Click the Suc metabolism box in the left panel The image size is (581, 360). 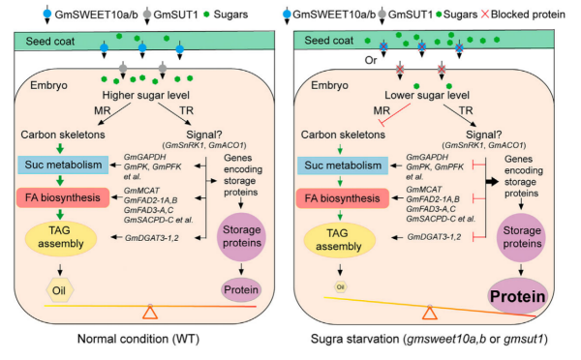63,165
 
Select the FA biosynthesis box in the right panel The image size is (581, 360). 343,198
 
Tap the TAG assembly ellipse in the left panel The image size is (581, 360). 61,237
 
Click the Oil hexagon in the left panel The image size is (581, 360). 60,290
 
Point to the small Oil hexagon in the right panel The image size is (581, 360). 341,286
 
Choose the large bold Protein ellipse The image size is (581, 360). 518,296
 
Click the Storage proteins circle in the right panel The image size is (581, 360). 522,237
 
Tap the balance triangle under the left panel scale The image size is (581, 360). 150,313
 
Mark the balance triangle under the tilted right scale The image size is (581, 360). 430,313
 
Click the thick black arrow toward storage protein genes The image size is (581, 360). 493,182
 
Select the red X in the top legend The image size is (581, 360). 485,15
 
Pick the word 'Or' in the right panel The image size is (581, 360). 371,60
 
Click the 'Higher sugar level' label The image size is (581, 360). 145,95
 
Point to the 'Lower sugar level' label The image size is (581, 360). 427,95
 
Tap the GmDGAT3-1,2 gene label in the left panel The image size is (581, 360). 152,238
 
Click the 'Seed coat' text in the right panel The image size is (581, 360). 328,41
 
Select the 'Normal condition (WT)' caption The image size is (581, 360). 138,339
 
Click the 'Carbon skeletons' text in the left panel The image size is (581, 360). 63,135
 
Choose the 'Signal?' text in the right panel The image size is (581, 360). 483,135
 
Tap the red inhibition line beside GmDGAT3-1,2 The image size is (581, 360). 479,237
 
